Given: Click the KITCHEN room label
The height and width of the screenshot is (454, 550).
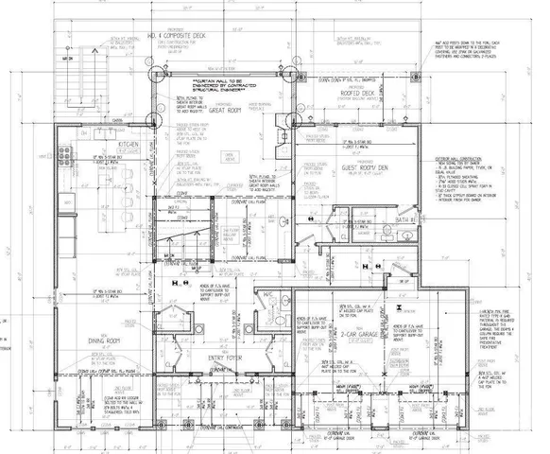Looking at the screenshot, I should pos(129,145).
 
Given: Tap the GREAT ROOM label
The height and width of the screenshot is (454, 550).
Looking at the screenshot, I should pos(241,107).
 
